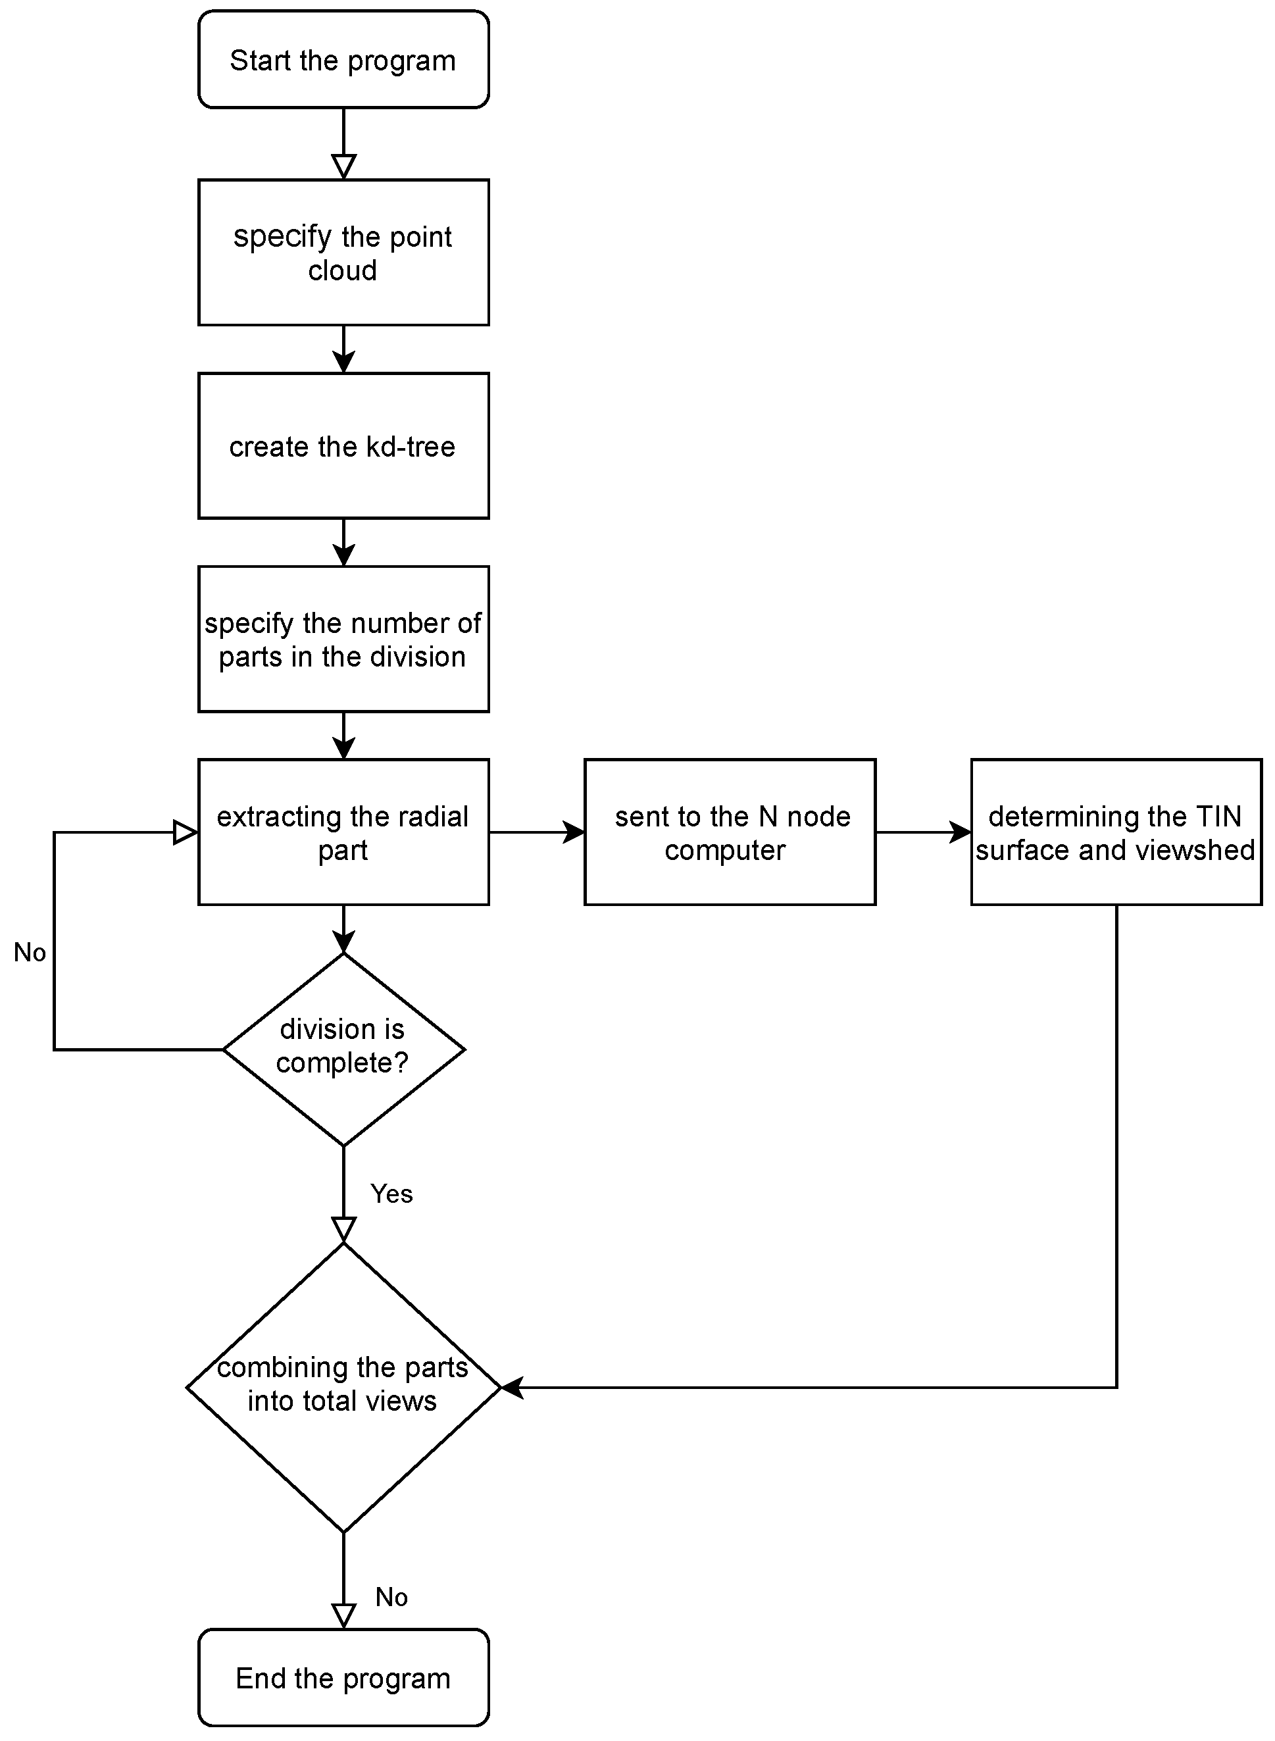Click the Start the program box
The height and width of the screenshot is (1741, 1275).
point(343,59)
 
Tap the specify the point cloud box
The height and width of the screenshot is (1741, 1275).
point(343,253)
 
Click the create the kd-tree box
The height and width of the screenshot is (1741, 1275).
point(343,446)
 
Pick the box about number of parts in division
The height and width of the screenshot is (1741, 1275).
point(343,639)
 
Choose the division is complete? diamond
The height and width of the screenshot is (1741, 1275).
point(343,1049)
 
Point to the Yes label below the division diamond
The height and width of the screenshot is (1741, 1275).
point(391,1194)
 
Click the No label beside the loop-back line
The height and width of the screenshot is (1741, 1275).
point(30,952)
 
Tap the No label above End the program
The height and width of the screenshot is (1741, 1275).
point(391,1597)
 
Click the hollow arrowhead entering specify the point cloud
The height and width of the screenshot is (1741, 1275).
point(343,166)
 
